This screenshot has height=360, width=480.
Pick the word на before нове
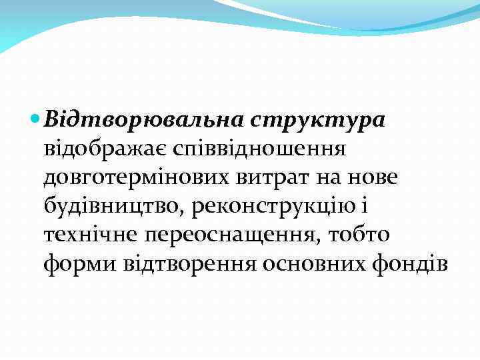pos(328,177)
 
